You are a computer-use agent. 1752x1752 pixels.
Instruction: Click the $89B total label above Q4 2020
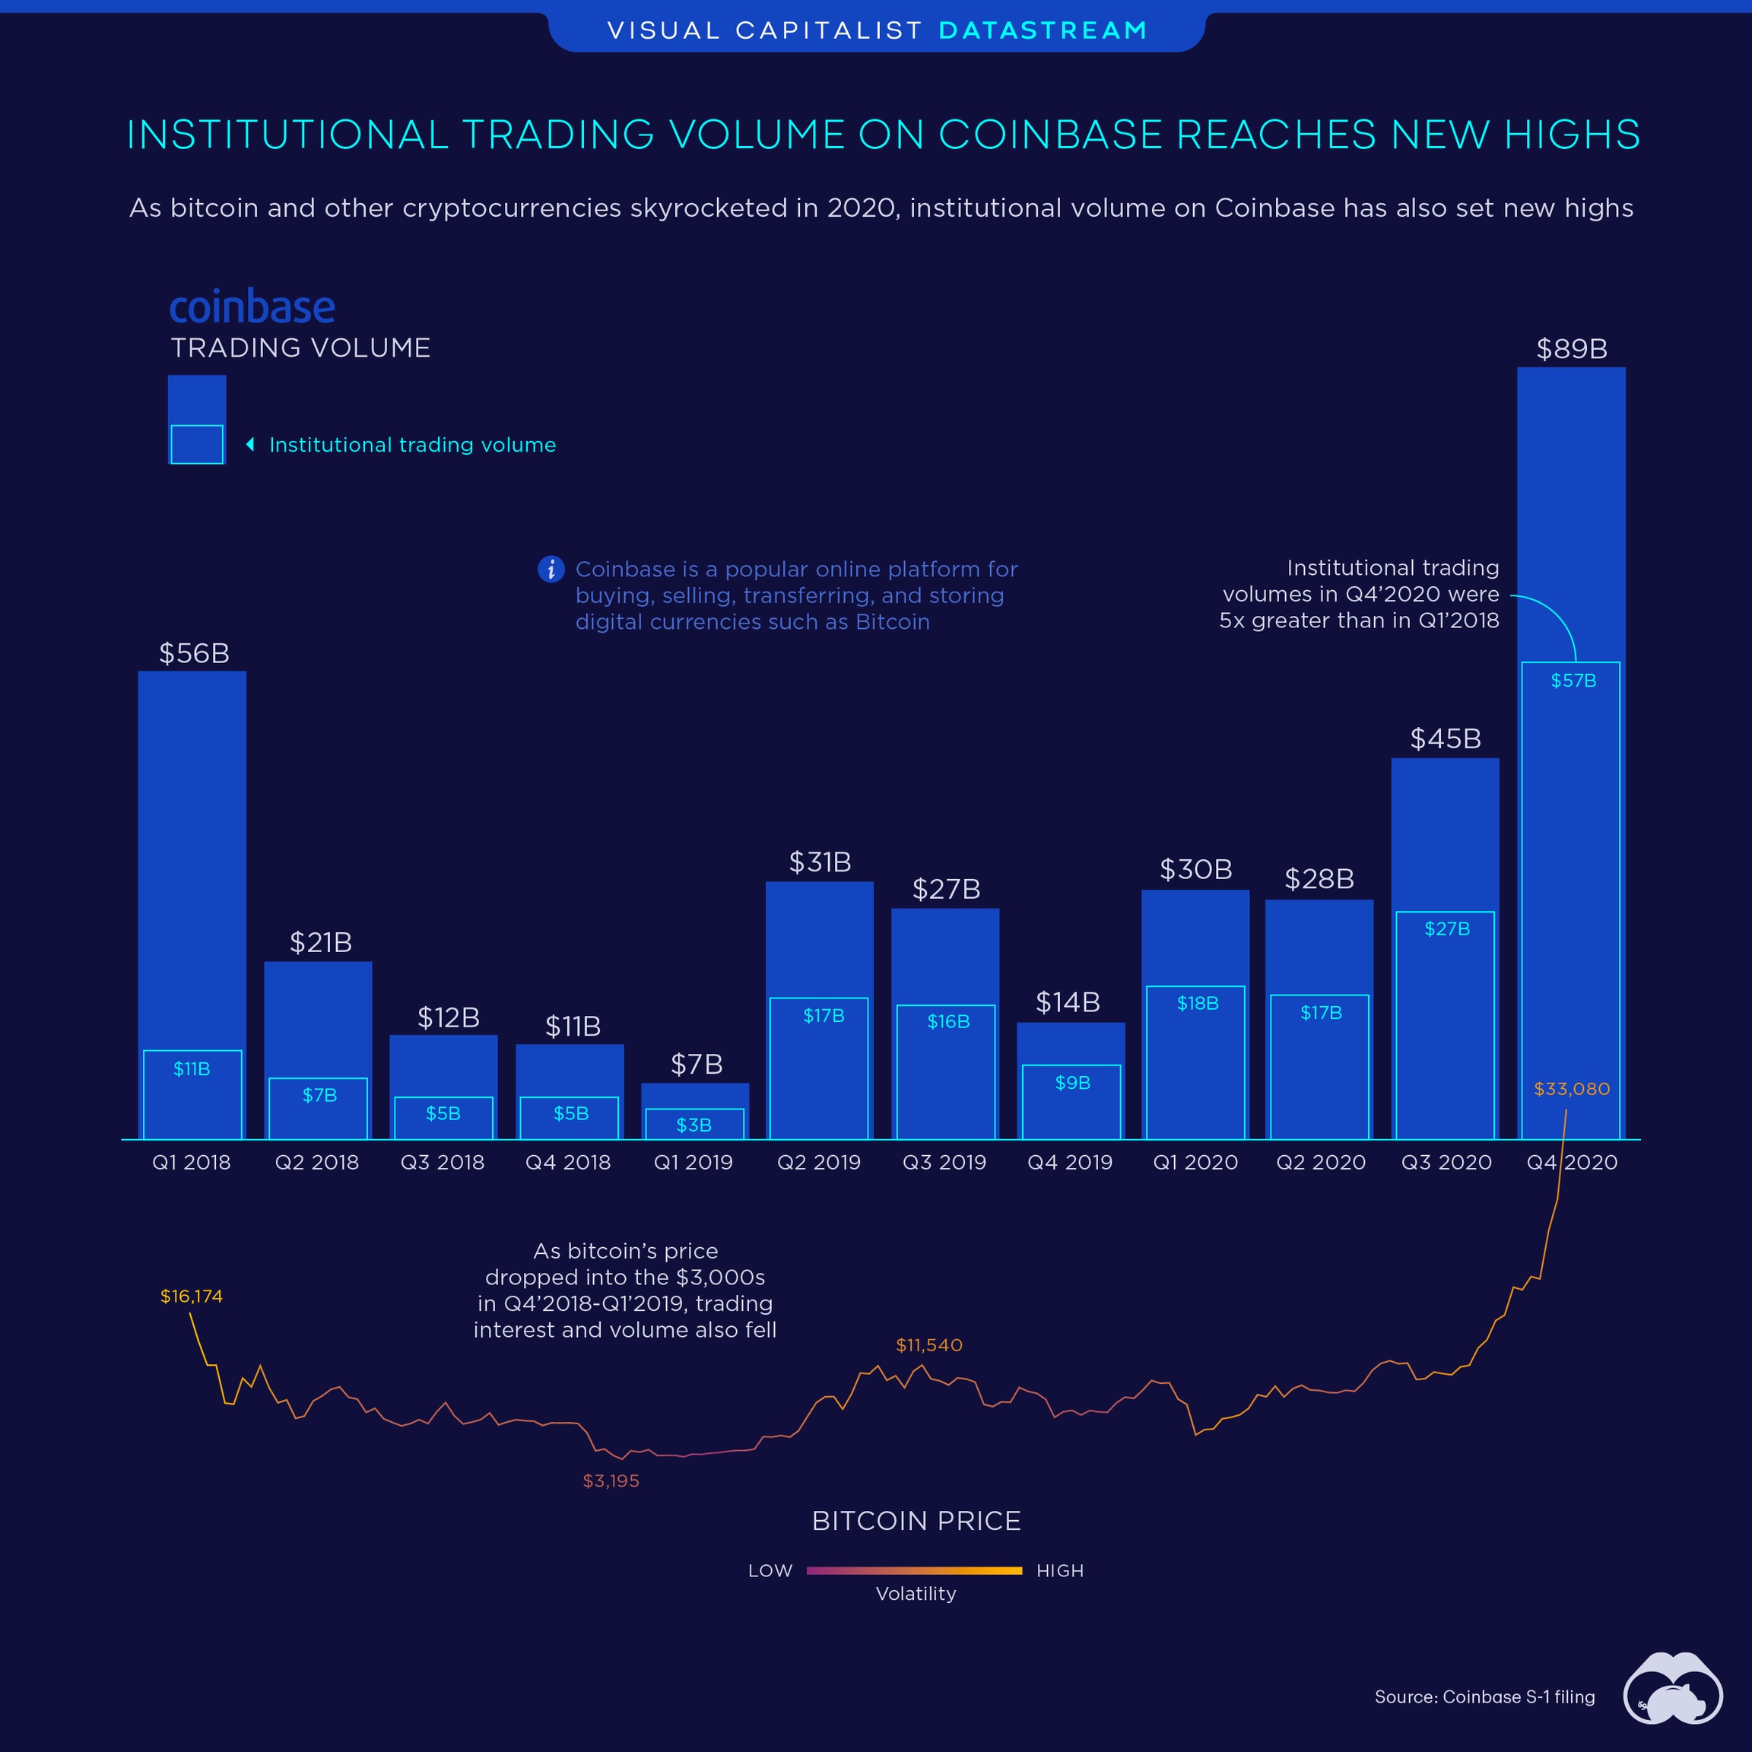[1572, 349]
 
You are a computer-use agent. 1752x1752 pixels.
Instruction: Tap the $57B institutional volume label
[1573, 680]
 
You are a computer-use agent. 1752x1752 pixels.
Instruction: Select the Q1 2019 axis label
[693, 1163]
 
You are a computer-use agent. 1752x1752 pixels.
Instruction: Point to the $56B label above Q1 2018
[194, 653]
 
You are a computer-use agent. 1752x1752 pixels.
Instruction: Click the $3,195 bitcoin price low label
[611, 1481]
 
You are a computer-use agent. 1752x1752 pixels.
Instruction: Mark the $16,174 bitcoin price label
[192, 1296]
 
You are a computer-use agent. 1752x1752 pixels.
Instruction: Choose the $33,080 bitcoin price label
[1572, 1089]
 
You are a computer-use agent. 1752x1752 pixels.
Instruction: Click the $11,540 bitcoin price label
[928, 1345]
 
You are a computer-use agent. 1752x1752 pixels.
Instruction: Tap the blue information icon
[551, 569]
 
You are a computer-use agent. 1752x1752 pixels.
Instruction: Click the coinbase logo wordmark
[252, 307]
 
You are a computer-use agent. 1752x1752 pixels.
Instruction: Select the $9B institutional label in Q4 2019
[1072, 1083]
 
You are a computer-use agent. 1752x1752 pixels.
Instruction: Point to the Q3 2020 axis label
[1446, 1163]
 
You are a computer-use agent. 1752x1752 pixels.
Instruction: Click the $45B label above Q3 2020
[1446, 739]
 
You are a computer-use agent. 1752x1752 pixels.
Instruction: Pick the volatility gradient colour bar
[914, 1570]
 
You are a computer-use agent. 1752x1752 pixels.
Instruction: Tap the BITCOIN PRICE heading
[916, 1521]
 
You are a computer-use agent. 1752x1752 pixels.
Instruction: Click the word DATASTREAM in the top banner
[1043, 31]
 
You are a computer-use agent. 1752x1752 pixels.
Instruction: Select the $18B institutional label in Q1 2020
[1197, 1003]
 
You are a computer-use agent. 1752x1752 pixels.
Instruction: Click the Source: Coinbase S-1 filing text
[1484, 1696]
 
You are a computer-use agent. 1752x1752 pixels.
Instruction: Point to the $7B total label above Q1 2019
[697, 1065]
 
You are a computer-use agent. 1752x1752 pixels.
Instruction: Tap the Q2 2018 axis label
[317, 1163]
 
